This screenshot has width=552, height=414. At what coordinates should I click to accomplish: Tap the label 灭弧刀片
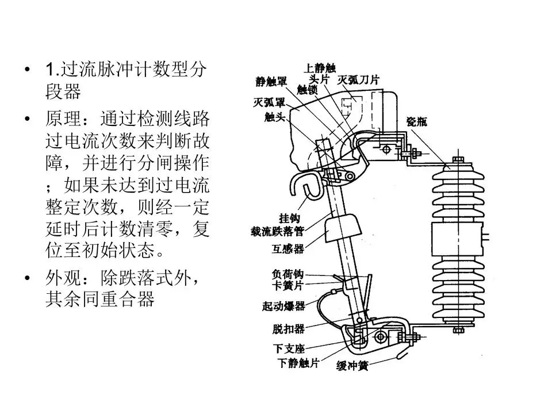359,80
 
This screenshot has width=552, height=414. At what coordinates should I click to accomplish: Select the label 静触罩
271,82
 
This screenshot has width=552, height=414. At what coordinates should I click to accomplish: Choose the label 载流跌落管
277,232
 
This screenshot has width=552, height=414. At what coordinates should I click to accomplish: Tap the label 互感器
287,250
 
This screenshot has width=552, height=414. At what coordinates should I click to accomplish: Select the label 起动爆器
283,306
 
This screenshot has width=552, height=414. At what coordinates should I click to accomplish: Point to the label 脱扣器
288,329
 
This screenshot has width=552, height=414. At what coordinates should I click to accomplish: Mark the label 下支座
288,348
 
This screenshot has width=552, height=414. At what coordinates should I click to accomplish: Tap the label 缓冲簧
352,366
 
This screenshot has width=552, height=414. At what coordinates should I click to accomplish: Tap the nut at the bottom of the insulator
458,329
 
